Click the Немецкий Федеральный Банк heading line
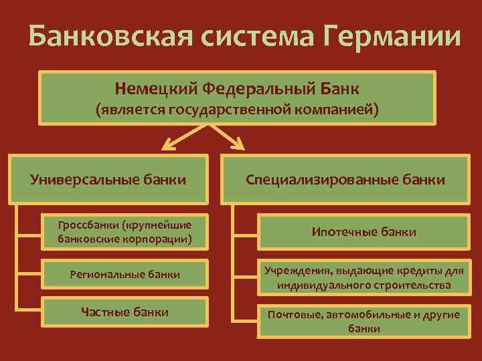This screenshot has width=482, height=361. pos(237,88)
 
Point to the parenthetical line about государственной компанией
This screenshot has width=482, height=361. pos(237,109)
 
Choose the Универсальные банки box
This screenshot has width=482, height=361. pos(108,179)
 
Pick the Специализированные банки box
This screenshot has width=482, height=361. pos(345,179)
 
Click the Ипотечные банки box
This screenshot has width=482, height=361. pos(364,232)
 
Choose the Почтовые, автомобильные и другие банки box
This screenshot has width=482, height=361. pos(364,321)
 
